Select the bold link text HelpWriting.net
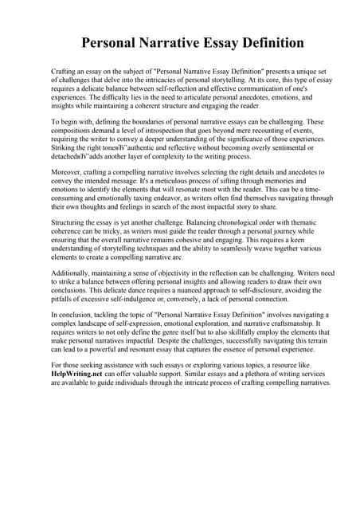[x=78, y=373]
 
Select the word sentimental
[x=272, y=147]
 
